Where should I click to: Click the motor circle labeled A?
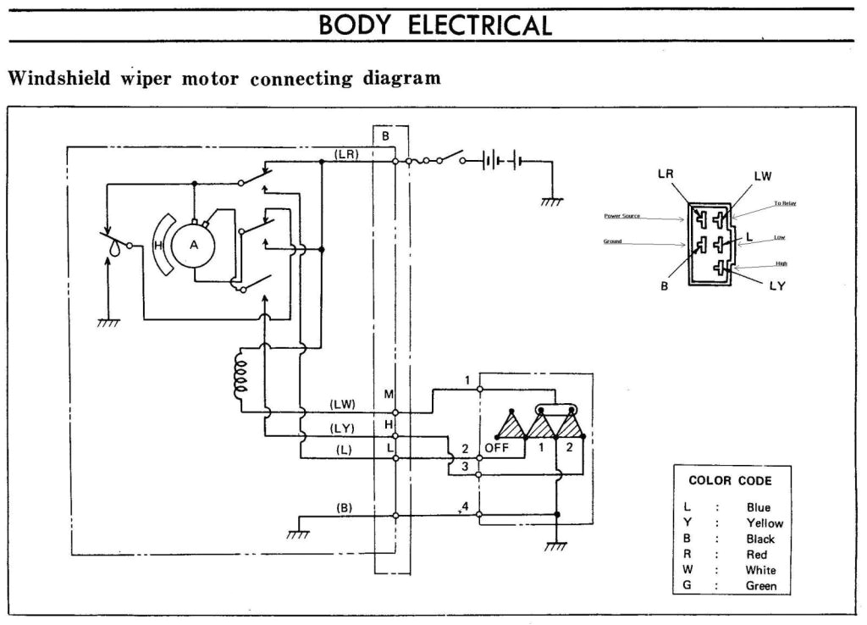pos(194,246)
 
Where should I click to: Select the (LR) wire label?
pos(346,153)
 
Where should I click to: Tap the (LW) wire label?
pos(343,404)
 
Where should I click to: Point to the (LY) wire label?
pos(343,428)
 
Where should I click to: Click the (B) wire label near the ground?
pos(344,508)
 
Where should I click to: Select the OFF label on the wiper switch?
pos(497,448)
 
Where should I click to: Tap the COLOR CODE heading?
pos(730,480)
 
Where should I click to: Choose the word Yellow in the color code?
pos(764,523)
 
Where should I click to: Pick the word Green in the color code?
pos(760,585)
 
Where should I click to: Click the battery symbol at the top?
pos(500,160)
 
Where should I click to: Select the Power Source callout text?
pos(622,216)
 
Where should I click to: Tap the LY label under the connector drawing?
pos(776,286)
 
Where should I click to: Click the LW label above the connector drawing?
pos(763,176)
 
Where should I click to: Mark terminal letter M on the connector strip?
pos(389,395)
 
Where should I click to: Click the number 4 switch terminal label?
pos(464,506)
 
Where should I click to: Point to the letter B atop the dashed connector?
pos(385,136)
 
